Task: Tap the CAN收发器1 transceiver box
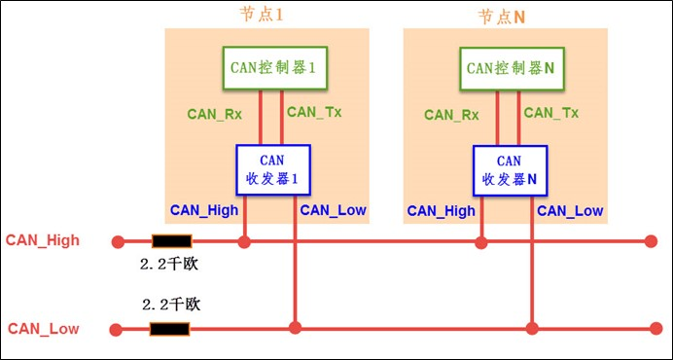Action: pyautogui.click(x=272, y=169)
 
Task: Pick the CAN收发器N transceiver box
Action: pyautogui.click(x=510, y=169)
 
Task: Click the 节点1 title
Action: pyautogui.click(x=266, y=16)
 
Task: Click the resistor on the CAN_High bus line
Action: pyautogui.click(x=171, y=240)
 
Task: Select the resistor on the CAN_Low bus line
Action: pyautogui.click(x=169, y=329)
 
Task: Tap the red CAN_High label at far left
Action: pyautogui.click(x=43, y=240)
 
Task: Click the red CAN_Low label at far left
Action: pyautogui.click(x=43, y=329)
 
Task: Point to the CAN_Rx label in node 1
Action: pyautogui.click(x=214, y=114)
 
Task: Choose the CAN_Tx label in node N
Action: pyautogui.click(x=550, y=113)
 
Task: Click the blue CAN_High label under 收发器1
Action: pyautogui.click(x=204, y=210)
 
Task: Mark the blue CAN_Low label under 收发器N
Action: pyautogui.click(x=570, y=210)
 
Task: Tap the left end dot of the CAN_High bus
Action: pyautogui.click(x=118, y=240)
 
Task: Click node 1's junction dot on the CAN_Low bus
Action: pyautogui.click(x=295, y=329)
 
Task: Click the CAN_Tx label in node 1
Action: pyautogui.click(x=313, y=113)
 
